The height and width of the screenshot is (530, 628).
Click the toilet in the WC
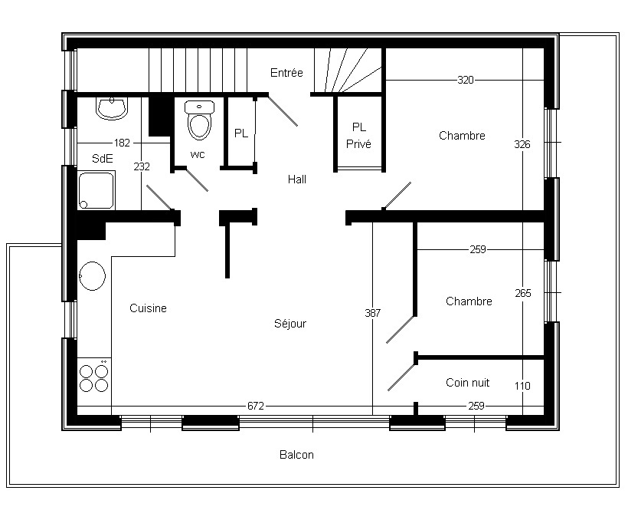point(199,120)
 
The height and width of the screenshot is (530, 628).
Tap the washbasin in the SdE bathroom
point(112,108)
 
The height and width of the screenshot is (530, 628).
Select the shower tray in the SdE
point(96,190)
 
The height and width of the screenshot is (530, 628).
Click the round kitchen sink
point(92,276)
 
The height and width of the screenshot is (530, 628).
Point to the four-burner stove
point(94,378)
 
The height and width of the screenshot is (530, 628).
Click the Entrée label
point(286,73)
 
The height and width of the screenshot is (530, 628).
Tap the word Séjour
point(290,324)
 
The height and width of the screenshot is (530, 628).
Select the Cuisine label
point(148,308)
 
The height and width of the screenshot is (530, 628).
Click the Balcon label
point(296,455)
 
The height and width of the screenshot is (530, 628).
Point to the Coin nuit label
point(467,383)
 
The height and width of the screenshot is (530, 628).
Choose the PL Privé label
point(359,136)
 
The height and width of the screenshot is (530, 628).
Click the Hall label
point(297,179)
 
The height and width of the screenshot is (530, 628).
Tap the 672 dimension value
point(256,406)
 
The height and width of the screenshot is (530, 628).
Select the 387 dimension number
point(372,313)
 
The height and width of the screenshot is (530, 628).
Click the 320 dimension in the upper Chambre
point(466,80)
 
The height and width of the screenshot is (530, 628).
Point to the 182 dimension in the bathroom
point(122,143)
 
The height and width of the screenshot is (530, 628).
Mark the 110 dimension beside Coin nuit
point(522,386)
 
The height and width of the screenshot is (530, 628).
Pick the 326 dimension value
point(522,144)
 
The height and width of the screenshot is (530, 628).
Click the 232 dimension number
point(142,166)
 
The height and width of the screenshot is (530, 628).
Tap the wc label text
point(198,154)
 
